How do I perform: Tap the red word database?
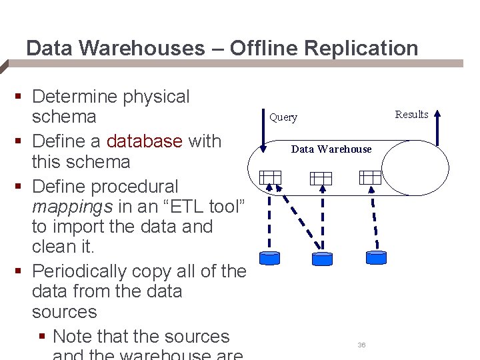pos(144,141)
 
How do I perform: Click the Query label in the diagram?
pos(283,118)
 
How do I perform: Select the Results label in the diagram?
pos(411,115)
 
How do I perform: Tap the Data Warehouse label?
pos(331,149)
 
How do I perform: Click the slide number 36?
pos(361,345)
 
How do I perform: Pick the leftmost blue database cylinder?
pos(270,258)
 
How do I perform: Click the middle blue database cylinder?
pos(322,258)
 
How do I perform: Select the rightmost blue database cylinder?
pos(376,257)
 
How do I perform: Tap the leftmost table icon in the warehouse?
pos(271,177)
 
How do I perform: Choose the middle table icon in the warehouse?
pos(321,178)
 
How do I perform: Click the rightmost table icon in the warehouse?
pos(370,177)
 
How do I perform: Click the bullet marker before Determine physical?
pos(19,98)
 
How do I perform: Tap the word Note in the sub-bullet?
pos(74,337)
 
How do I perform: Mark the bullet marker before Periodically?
pos(19,272)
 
